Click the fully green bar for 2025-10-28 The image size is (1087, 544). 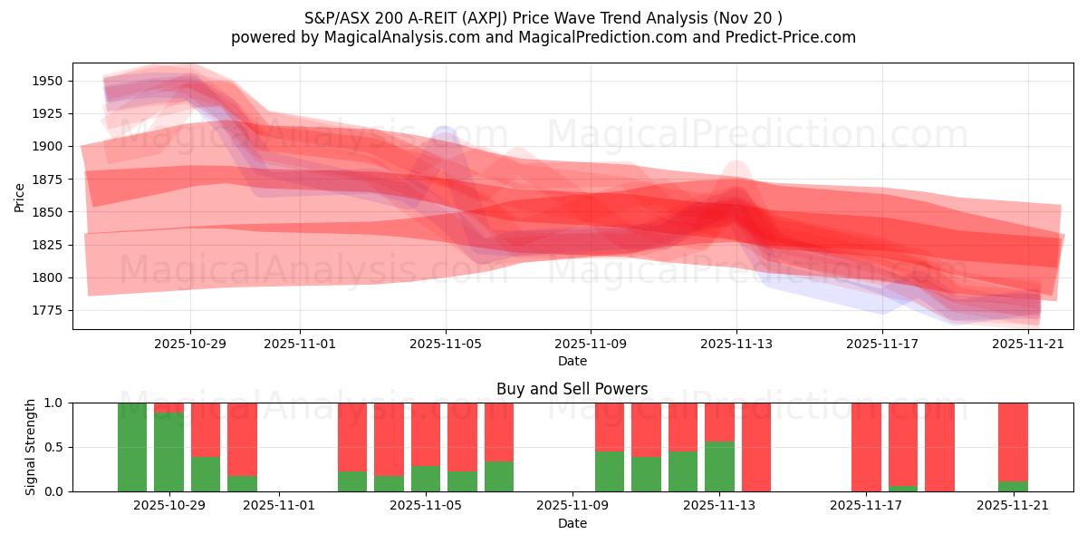(x=132, y=447)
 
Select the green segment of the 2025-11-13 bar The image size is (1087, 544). (x=719, y=466)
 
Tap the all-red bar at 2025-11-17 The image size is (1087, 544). (x=866, y=447)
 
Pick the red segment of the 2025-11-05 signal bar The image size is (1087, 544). (x=426, y=434)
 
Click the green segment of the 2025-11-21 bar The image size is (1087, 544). (x=1013, y=486)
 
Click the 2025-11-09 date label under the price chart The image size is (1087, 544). (x=591, y=344)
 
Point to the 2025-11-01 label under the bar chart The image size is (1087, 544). (x=279, y=506)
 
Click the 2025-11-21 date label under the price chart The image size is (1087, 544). (x=1028, y=344)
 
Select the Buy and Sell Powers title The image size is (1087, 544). (x=572, y=389)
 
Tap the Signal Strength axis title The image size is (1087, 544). (x=31, y=447)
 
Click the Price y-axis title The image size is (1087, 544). (x=20, y=196)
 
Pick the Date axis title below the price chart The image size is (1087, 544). (x=572, y=361)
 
